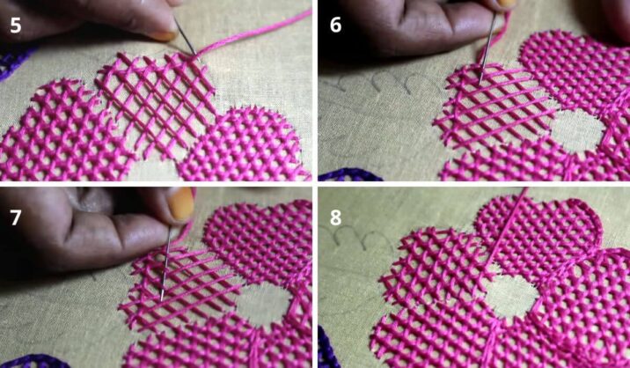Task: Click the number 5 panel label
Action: pos(16,26)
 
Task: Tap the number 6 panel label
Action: pos(335,25)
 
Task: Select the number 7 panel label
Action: pos(16,217)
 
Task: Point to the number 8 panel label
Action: pos(335,217)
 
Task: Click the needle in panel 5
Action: pos(186,37)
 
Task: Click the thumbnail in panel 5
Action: pos(162,35)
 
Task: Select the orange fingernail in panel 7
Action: pos(180,204)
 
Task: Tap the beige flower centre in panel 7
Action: pos(264,303)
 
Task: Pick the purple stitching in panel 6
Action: pos(349,175)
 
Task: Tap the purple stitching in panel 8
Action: pos(327,347)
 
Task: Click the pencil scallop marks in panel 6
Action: pos(382,82)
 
